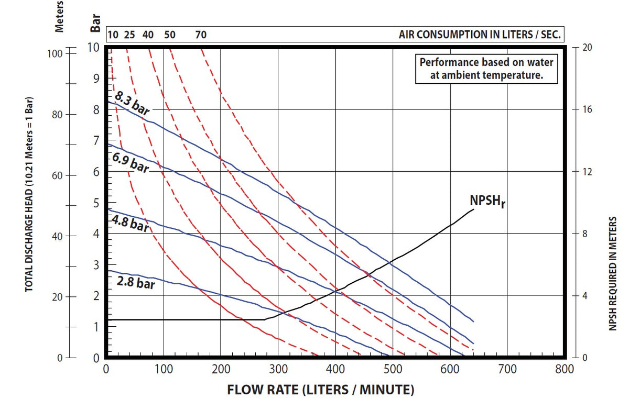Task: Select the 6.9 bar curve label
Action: [x=130, y=163]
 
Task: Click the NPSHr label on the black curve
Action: [x=487, y=201]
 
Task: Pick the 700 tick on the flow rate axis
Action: [x=507, y=370]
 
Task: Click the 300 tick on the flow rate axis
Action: [x=278, y=370]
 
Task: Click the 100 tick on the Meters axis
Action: [x=56, y=53]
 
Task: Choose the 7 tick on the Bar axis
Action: [x=96, y=141]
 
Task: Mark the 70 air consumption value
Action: [x=201, y=35]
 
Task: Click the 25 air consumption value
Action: [x=129, y=35]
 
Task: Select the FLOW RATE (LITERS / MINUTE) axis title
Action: [x=320, y=390]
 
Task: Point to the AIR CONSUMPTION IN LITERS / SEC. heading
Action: [x=480, y=35]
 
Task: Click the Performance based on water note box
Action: [x=486, y=68]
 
